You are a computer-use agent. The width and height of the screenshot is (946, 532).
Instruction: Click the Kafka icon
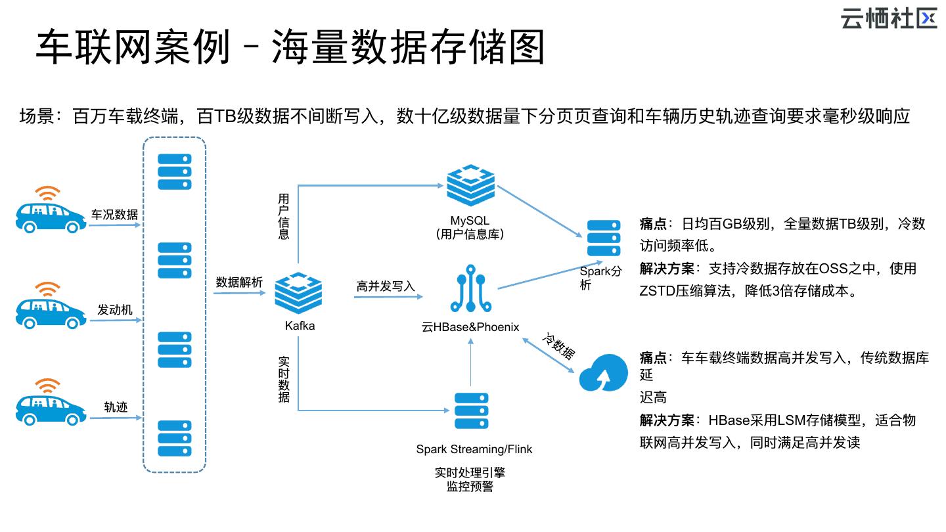(x=298, y=293)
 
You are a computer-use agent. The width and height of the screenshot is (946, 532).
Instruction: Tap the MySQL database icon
(x=470, y=185)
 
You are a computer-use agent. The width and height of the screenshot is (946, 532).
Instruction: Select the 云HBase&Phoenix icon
(x=471, y=289)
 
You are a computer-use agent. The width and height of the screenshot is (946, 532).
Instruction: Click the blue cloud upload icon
(x=603, y=372)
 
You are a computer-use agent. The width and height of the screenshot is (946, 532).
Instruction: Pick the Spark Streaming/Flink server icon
(x=471, y=411)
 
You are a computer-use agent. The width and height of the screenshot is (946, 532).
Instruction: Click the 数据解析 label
(x=239, y=282)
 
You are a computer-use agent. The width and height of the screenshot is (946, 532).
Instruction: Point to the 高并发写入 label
(x=386, y=286)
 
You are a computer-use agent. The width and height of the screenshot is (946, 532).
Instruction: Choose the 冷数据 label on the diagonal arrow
(x=558, y=346)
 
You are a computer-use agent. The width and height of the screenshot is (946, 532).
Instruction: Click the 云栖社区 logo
(x=888, y=18)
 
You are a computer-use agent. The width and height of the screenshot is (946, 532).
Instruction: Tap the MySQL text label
(x=470, y=220)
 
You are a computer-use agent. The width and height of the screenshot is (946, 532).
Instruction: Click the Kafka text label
(x=300, y=326)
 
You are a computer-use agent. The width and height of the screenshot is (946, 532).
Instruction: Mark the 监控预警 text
(x=470, y=487)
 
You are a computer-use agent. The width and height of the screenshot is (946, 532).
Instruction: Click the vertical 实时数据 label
(x=284, y=380)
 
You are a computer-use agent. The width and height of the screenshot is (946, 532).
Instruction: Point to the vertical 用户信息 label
(x=284, y=216)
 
